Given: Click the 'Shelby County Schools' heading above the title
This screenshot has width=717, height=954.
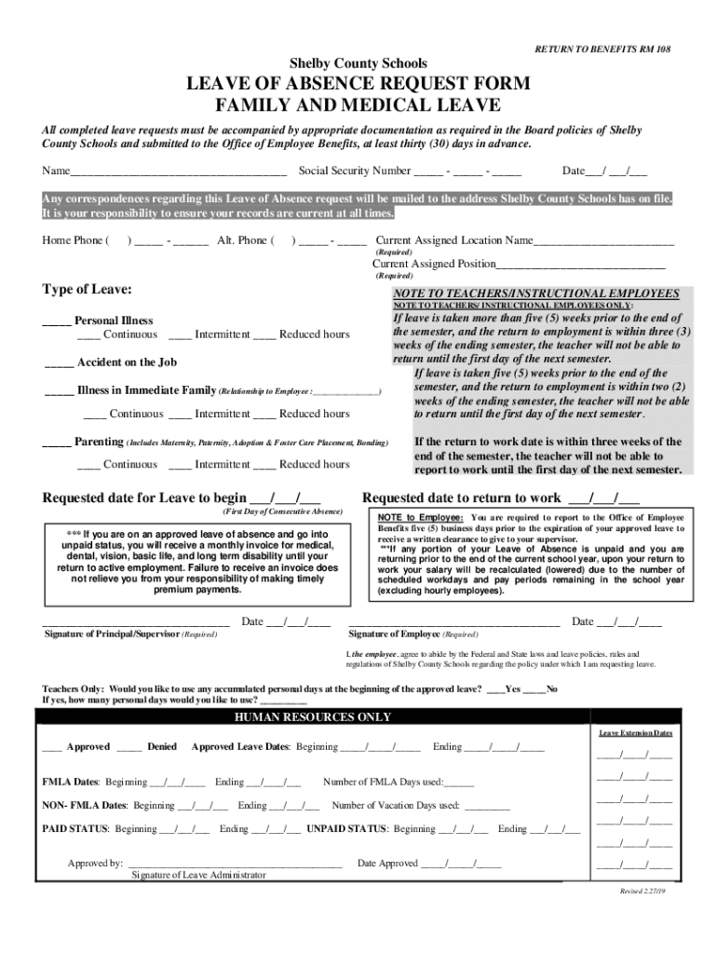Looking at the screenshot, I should click(358, 63).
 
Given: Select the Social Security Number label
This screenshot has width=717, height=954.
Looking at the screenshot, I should click(355, 171).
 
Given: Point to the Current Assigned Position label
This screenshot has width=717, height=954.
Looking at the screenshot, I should click(434, 264).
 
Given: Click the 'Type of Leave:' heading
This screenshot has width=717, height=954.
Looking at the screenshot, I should click(87, 290).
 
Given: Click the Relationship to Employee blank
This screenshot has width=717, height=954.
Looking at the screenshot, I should click(348, 392).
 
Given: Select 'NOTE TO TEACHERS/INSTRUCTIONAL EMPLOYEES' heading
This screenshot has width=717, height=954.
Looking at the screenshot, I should click(535, 293).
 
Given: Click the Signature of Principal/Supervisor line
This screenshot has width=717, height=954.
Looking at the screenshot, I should click(136, 622).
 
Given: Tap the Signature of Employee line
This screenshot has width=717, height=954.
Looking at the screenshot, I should click(453, 622).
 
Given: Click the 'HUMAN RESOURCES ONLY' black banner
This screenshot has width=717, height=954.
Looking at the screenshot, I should click(312, 717).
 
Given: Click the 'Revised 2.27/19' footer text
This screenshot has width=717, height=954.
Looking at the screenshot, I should click(645, 892).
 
